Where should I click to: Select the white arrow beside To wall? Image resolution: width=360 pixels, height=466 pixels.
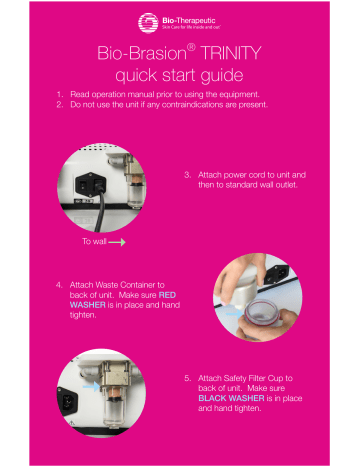(118, 241)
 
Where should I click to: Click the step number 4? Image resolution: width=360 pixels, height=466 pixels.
(60, 284)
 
